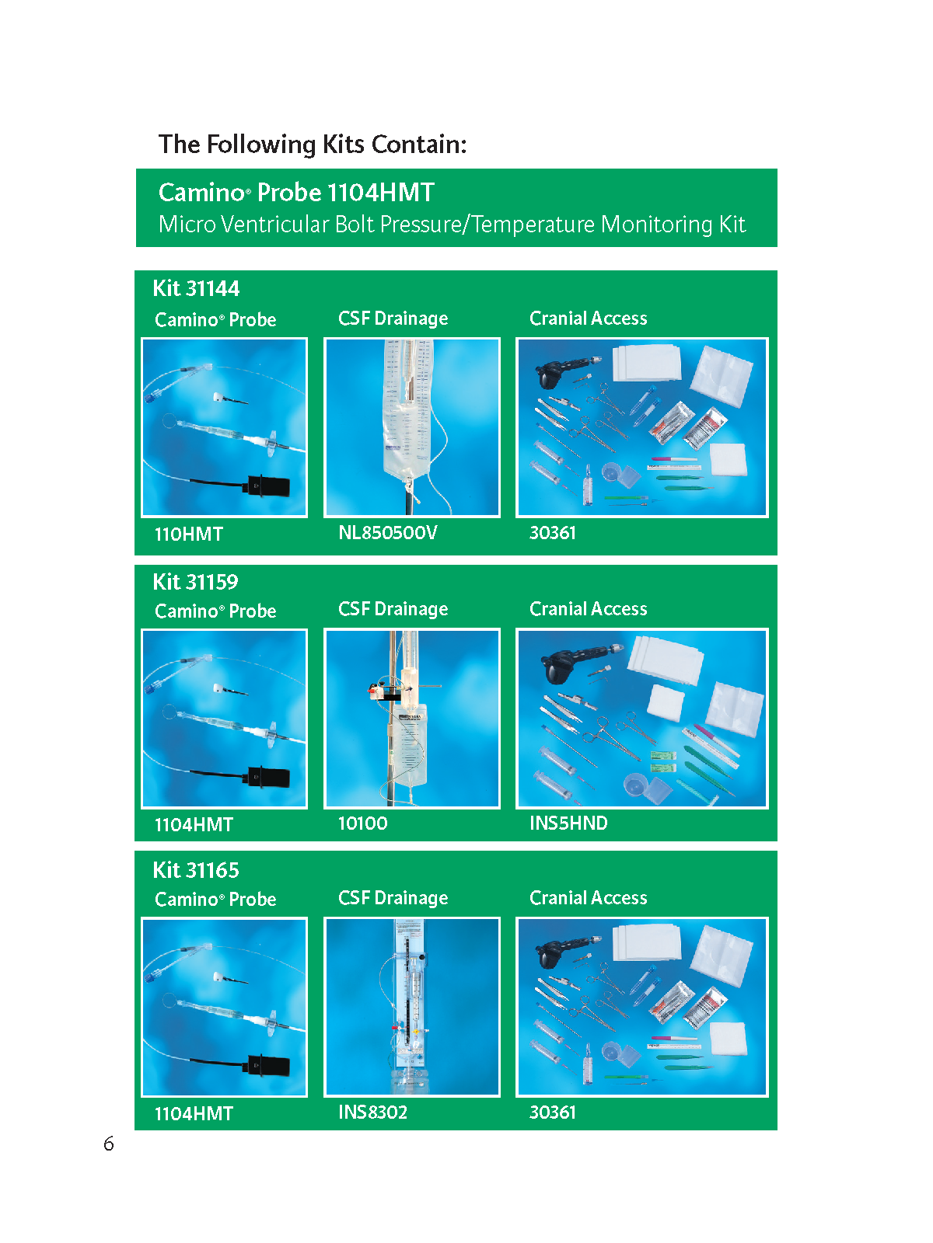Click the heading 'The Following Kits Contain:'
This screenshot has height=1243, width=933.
(312, 144)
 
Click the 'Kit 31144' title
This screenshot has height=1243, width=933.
(196, 289)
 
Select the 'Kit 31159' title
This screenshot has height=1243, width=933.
(195, 582)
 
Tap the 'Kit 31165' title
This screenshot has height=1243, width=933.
(196, 870)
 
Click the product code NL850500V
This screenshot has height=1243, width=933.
(388, 532)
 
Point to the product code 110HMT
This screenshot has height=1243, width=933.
(189, 534)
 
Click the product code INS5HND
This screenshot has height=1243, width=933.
(568, 823)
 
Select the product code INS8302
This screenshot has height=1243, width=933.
(372, 1112)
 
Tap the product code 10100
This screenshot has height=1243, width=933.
(362, 823)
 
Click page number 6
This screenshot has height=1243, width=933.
(109, 1144)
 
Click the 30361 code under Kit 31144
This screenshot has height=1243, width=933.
(552, 532)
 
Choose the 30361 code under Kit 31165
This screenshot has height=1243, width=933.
(552, 1112)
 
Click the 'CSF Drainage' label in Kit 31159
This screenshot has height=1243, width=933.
(393, 609)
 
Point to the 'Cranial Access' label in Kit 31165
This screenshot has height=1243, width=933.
(588, 897)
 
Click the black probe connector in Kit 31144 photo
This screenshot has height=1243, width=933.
(266, 486)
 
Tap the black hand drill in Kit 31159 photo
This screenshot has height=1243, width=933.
(572, 660)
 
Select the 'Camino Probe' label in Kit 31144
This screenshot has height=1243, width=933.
(215, 320)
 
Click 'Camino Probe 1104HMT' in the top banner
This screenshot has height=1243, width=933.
(296, 193)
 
